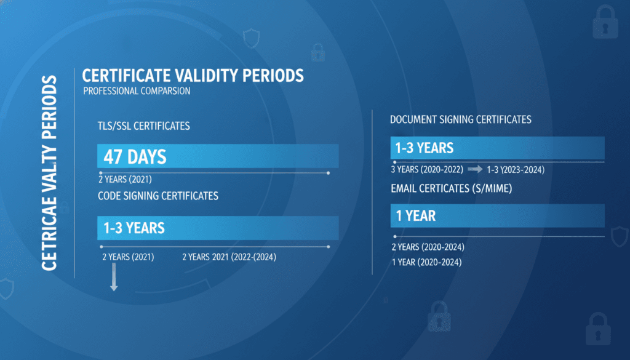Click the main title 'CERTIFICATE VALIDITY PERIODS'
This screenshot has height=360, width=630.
193,76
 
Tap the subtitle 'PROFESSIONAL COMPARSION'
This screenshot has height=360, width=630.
137,91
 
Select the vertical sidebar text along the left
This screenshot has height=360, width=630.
49,173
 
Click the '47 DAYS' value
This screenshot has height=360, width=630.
135,157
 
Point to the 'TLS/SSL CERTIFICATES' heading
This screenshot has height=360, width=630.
144,126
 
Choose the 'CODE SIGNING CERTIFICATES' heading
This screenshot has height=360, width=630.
158,196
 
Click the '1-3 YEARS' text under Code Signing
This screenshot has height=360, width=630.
134,228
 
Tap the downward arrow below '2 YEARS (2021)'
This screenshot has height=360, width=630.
114,277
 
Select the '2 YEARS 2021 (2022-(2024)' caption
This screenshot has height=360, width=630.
229,257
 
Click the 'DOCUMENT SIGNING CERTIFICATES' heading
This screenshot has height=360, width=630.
461,120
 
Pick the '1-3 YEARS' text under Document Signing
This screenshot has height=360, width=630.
425,148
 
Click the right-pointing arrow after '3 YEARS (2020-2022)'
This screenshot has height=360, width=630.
476,169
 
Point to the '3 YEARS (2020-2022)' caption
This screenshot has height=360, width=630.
427,170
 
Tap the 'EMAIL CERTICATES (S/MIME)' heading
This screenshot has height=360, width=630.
452,188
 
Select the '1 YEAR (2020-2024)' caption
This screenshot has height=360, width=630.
427,262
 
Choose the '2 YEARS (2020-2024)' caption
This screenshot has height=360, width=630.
428,247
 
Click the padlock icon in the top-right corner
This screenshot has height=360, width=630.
605,23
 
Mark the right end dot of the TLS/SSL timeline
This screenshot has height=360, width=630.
329,173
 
